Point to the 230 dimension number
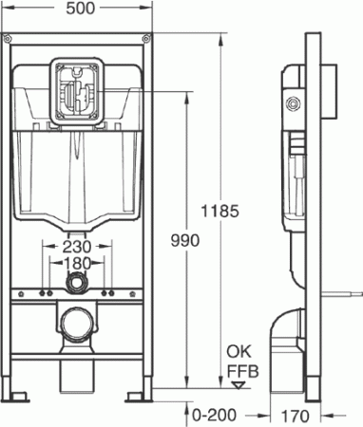point(79,246)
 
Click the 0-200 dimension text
point(214,414)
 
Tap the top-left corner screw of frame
point(11,40)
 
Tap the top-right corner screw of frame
point(145,40)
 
